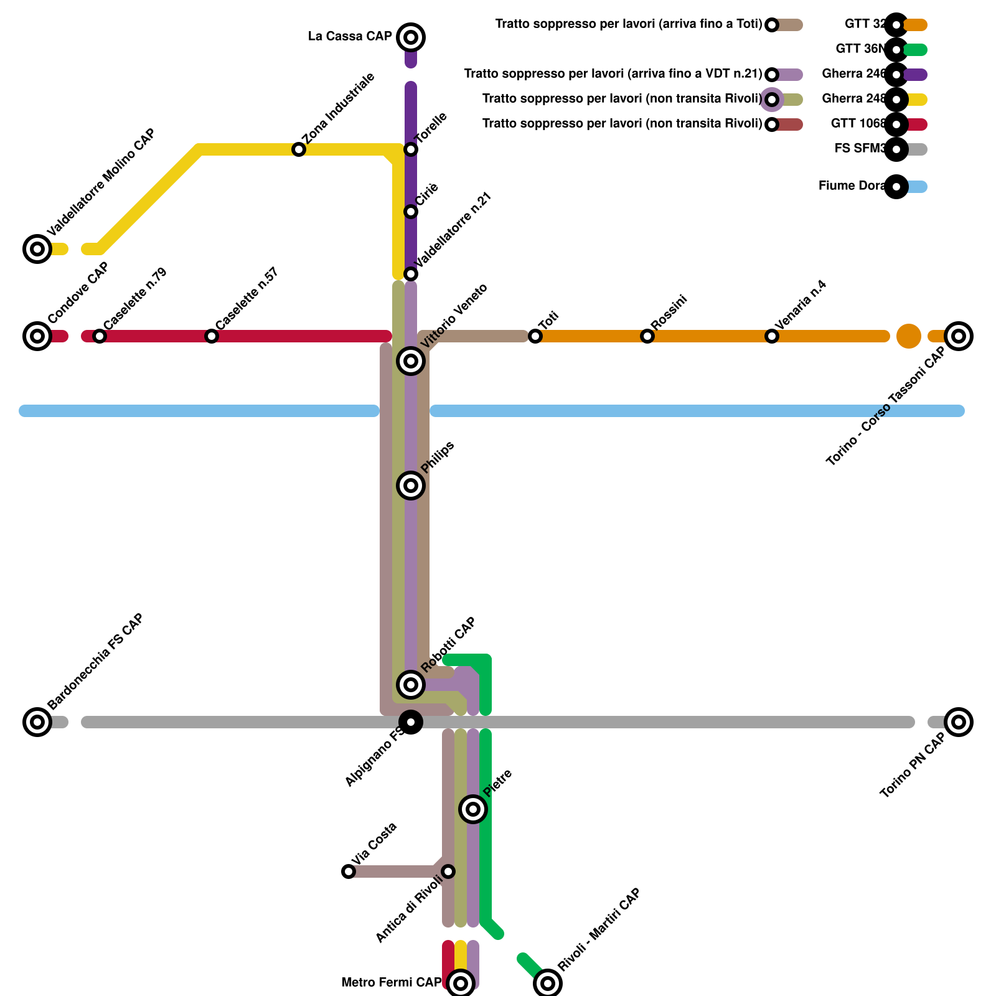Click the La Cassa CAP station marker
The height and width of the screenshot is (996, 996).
pos(411,37)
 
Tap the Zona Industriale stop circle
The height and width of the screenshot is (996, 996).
pos(299,149)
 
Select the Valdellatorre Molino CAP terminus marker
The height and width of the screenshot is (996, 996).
pos(37,249)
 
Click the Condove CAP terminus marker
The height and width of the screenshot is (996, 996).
pos(37,336)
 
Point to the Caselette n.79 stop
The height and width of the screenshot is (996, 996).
pos(100,336)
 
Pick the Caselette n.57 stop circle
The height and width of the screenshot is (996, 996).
pos(212,336)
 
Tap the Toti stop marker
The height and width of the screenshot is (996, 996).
pos(535,336)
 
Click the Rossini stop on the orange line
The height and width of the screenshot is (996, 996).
pos(647,336)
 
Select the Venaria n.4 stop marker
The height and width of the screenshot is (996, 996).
pos(772,336)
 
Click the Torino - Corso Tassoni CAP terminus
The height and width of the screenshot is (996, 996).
pos(959,336)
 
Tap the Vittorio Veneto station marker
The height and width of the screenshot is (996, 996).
pos(411,361)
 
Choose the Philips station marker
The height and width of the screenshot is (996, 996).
pos(411,486)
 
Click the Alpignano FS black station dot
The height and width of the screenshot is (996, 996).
pos(411,722)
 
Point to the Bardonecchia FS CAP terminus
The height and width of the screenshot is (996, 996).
pos(37,722)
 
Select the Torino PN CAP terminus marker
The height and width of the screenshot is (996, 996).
pos(959,722)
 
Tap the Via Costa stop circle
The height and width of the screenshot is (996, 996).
pos(349,872)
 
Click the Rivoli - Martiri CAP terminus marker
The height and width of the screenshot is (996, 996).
pos(548,984)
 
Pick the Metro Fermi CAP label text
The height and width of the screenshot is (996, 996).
pos(391,983)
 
